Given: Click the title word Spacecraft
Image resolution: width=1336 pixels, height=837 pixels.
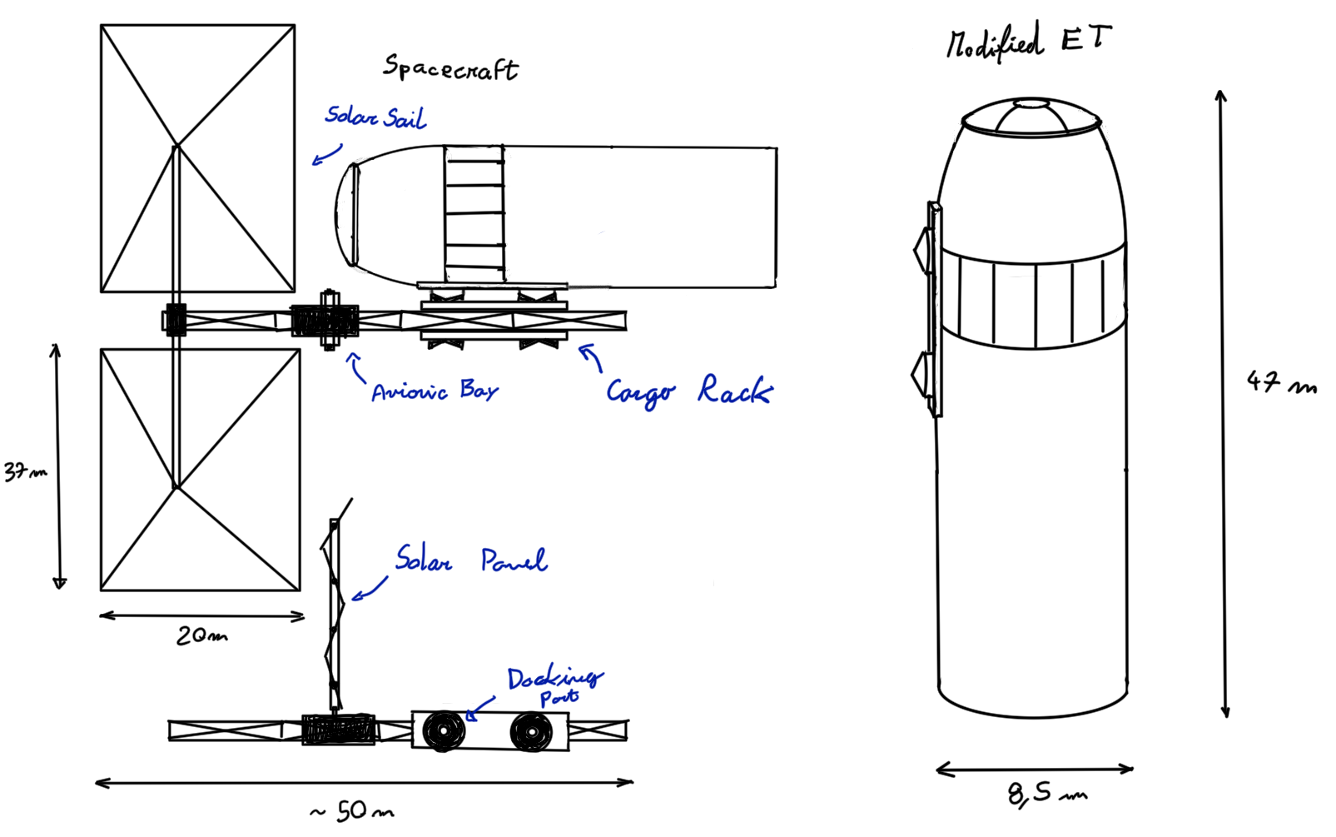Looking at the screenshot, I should (x=450, y=67).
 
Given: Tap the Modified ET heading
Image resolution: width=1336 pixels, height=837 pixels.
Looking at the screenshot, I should (x=1028, y=42).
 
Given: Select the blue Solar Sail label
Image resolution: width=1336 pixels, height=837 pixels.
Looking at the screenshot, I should (x=375, y=117).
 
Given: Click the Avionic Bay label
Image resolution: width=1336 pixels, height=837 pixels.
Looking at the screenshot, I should (x=435, y=391).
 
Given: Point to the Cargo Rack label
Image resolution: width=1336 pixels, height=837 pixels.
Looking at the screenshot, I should (x=689, y=391).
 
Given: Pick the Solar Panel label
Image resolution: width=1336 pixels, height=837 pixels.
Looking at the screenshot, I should (x=471, y=560).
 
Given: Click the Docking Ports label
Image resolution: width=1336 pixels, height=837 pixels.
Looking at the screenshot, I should (x=555, y=685).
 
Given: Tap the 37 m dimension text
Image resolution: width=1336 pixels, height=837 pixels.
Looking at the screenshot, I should (x=25, y=472).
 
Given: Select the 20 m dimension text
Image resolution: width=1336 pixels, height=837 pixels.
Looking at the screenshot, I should (x=201, y=636).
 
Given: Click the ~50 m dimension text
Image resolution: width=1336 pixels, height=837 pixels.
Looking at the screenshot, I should (x=351, y=811).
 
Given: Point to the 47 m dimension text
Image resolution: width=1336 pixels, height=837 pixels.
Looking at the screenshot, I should (x=1281, y=383).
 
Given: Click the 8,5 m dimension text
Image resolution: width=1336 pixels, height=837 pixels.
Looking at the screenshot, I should (x=1046, y=794).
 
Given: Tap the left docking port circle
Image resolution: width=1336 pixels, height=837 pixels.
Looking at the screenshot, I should (x=443, y=731).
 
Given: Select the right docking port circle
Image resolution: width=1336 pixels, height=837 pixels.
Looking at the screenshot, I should (x=530, y=732).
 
